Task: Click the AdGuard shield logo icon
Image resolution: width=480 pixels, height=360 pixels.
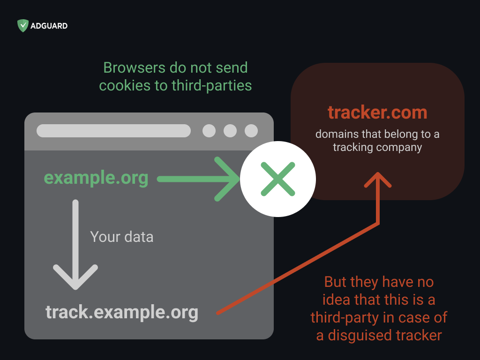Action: click(x=22, y=26)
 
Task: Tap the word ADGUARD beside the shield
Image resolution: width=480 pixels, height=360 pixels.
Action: click(x=49, y=26)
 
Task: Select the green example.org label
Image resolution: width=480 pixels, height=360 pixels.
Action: click(x=96, y=178)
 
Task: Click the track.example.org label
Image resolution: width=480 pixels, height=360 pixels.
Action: click(x=122, y=312)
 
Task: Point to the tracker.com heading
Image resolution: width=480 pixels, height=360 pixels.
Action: click(x=377, y=112)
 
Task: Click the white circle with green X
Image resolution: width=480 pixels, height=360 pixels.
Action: click(x=278, y=179)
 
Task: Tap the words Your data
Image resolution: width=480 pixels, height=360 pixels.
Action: click(x=121, y=237)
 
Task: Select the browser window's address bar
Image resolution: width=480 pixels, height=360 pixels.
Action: click(x=113, y=131)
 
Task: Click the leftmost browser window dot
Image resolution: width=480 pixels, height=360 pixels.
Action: click(x=209, y=131)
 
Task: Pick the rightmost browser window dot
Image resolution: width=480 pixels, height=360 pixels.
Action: click(x=251, y=131)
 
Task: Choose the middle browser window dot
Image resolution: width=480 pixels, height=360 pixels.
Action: click(x=230, y=131)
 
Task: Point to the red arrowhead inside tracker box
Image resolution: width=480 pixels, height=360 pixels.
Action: click(x=378, y=178)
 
